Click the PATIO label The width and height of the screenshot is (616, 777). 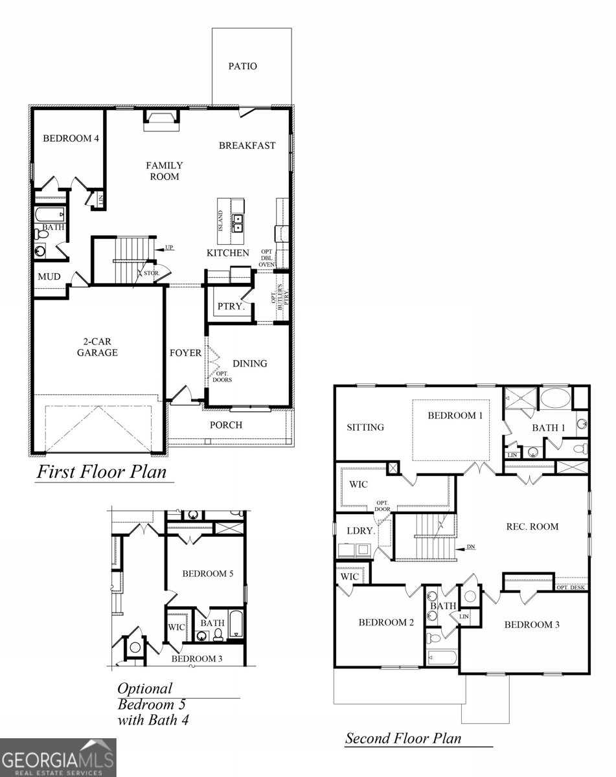[242, 66]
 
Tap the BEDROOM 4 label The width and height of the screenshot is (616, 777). [71, 138]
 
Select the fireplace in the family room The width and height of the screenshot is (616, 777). [159, 119]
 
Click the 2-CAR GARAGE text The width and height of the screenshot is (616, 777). [97, 347]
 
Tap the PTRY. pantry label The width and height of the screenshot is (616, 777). [231, 306]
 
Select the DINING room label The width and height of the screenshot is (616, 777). [249, 363]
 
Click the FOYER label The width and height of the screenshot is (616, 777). [185, 353]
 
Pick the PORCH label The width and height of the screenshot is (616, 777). [226, 425]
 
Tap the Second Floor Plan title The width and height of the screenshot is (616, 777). [403, 738]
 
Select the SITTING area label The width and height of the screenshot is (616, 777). [365, 427]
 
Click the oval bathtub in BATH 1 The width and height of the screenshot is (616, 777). [555, 398]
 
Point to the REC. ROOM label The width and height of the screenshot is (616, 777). [532, 526]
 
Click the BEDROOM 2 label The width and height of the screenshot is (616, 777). [386, 622]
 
